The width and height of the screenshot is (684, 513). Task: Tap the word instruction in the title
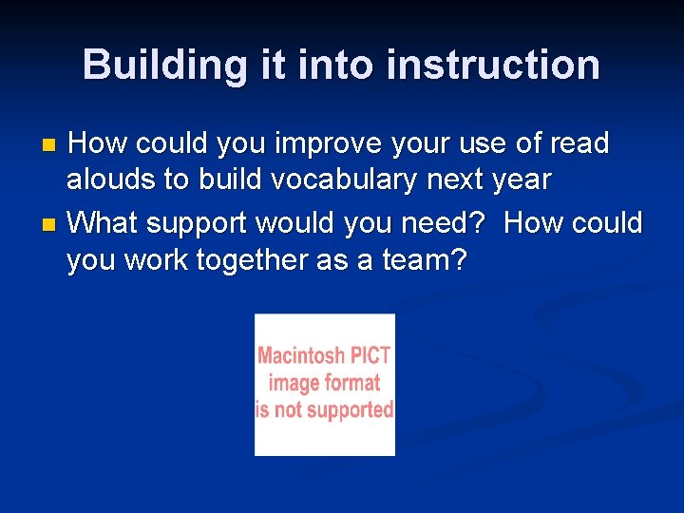tap(493, 65)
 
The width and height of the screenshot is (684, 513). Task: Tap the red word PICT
tap(370, 355)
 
